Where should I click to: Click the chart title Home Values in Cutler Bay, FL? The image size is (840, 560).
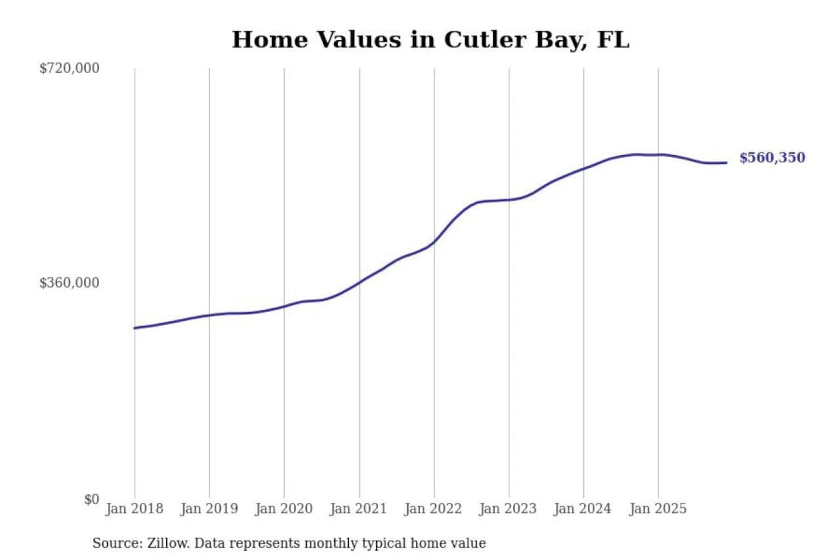click(430, 40)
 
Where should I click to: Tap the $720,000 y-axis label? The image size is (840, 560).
click(69, 68)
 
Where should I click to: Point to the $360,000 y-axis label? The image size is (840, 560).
click(69, 283)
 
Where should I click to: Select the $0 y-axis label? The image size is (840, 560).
click(92, 499)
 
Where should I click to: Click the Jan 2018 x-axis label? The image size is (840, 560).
click(134, 509)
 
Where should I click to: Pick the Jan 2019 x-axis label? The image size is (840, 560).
click(209, 509)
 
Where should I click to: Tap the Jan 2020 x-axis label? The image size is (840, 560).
click(284, 509)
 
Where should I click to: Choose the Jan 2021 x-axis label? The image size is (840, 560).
click(359, 509)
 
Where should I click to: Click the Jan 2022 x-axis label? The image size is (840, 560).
click(433, 509)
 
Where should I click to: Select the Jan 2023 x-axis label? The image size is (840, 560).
click(508, 509)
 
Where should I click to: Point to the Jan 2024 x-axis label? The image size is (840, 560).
click(583, 509)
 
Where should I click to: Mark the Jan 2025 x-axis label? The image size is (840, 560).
click(658, 509)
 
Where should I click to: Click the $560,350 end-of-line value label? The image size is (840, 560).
click(772, 157)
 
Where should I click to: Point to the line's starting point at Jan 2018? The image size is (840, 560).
click(135, 328)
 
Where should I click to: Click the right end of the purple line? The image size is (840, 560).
click(726, 163)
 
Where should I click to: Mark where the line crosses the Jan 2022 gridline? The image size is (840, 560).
click(434, 241)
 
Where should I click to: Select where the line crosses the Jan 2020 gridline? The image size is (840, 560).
click(285, 306)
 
